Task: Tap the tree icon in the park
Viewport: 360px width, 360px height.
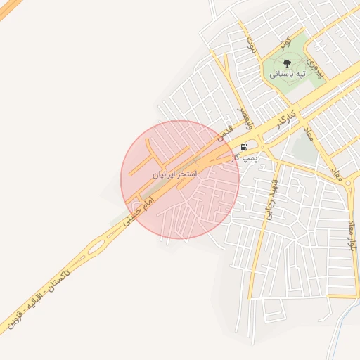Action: [287, 63]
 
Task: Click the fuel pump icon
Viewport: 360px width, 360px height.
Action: [244, 148]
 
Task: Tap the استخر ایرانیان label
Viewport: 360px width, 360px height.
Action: [175, 172]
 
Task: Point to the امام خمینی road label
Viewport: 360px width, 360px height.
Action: [138, 210]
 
